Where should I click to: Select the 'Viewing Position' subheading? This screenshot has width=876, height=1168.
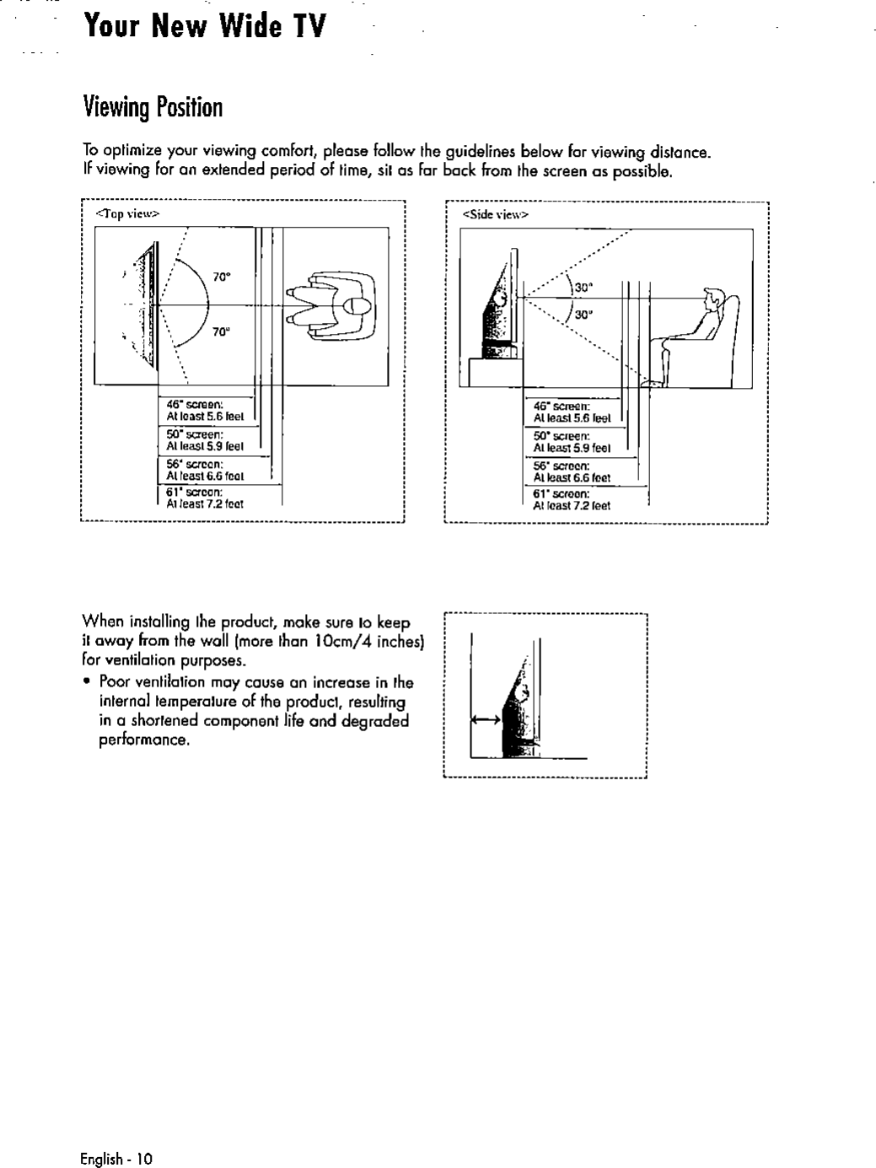click(x=153, y=107)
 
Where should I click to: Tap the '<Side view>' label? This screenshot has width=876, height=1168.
click(x=495, y=215)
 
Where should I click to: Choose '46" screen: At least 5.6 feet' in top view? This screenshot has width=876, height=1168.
click(x=205, y=409)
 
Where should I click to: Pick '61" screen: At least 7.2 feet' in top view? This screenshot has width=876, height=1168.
click(x=205, y=498)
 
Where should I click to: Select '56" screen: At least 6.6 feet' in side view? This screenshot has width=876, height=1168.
click(x=572, y=471)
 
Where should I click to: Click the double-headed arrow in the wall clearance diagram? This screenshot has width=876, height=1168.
click(x=486, y=720)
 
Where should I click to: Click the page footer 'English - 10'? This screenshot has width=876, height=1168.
click(x=116, y=1158)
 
